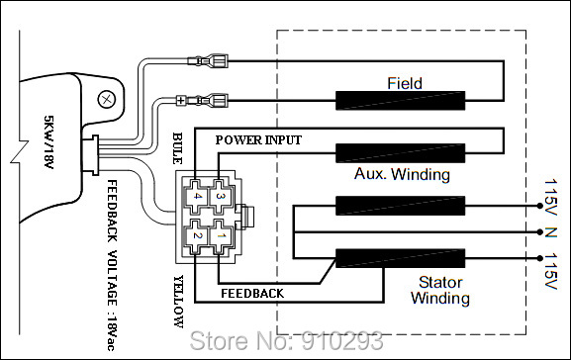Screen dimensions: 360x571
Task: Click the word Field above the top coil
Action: pos(406,84)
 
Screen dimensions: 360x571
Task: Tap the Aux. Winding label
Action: pos(402,175)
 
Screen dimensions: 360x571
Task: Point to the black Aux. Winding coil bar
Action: pos(400,153)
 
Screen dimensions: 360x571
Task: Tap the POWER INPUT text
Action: pos(258,140)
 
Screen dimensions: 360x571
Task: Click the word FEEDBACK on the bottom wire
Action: pos(252,294)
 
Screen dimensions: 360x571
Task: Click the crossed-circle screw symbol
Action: pos(107,98)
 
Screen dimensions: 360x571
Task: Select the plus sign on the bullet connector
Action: pos(179,100)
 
